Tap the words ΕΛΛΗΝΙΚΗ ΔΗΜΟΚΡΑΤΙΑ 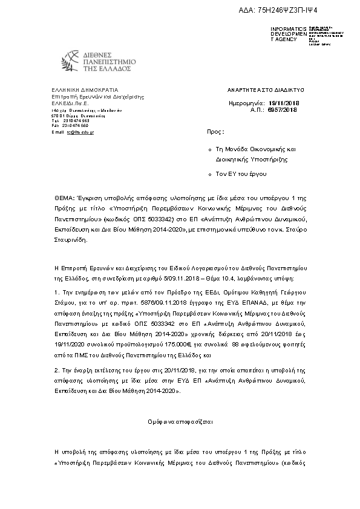coord(76,89)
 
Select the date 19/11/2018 coord(282,103)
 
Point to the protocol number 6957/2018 coord(283,109)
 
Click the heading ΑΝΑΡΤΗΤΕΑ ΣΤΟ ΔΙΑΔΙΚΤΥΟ coord(266,89)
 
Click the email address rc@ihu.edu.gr coord(80,131)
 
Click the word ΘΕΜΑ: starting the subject coord(64,198)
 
